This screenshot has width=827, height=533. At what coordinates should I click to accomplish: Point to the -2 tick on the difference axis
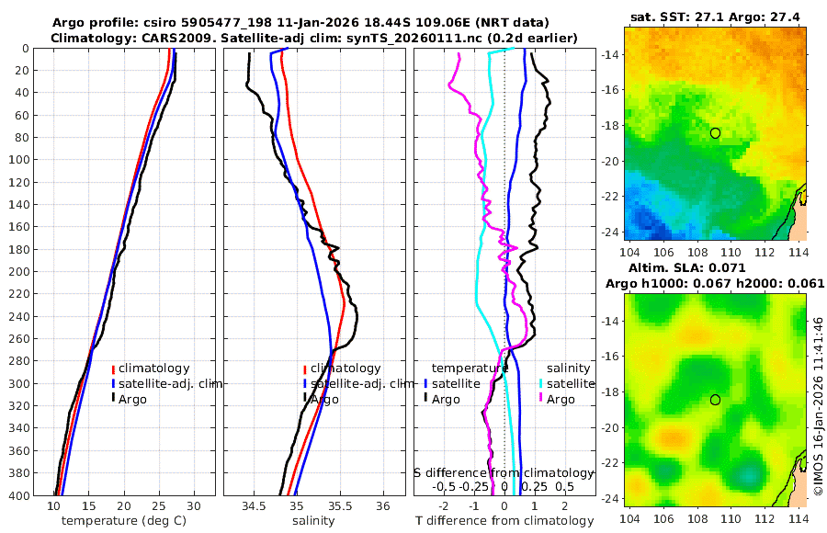pos(444,506)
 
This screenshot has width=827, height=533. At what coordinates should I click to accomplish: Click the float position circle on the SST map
pos(715,133)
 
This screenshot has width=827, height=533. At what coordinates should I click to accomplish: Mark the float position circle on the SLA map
pos(715,400)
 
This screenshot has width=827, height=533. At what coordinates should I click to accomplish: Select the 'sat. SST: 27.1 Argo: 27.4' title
pos(714,17)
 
